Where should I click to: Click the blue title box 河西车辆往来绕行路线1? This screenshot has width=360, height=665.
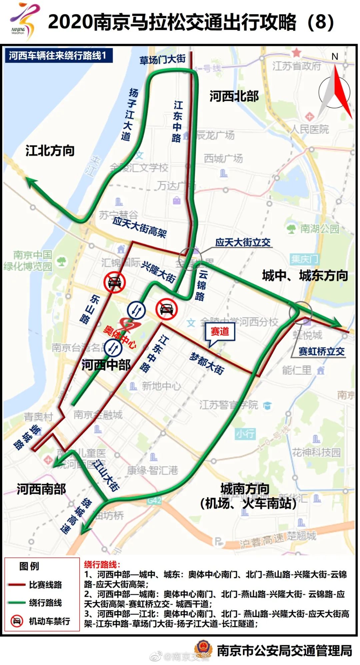pos(58,55)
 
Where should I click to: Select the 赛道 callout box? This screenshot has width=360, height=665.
pos(220,332)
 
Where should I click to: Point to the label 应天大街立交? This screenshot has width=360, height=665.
pos(243,242)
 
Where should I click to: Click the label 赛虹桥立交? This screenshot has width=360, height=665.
pos(321,351)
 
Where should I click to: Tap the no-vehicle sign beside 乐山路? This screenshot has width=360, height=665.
pos(114,282)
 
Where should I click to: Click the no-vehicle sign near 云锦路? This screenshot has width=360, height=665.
pos(166,309)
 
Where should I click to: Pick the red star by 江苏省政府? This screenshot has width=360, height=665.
pos(296,52)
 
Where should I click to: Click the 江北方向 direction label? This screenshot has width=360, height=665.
pos(50,151)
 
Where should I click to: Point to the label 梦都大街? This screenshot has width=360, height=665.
pos(207,363)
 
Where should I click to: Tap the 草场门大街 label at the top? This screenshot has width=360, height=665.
pos(162,60)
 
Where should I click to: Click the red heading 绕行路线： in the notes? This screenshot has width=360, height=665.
pos(102,564)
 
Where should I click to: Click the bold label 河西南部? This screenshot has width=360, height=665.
pos(41,489)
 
